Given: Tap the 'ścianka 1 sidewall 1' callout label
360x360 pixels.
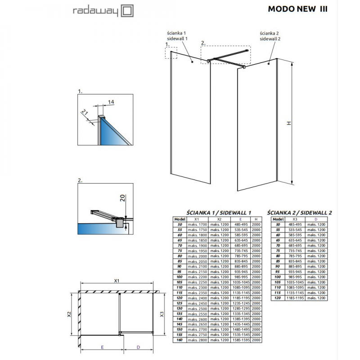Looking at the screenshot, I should coord(176,36).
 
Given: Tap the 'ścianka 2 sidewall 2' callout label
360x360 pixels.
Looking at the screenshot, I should coord(270,36).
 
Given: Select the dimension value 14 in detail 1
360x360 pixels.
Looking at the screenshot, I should coord(111,102).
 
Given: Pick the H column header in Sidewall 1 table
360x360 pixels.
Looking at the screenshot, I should coord(256,218).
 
